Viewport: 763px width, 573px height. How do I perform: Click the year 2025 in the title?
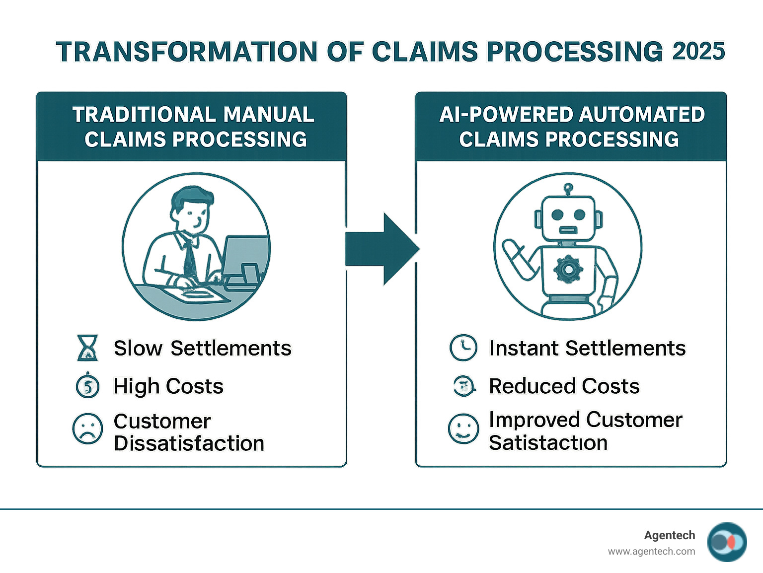[x=698, y=51]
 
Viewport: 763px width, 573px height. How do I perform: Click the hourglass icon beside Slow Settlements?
[x=88, y=348]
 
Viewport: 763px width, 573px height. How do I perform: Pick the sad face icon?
[x=87, y=429]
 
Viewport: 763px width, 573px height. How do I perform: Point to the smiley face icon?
[x=463, y=429]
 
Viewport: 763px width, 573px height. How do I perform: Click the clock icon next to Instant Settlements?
[x=463, y=347]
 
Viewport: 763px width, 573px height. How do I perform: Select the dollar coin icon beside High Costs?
[x=88, y=386]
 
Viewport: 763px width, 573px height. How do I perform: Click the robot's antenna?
[x=568, y=189]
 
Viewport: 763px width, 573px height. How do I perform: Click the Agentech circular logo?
[x=727, y=542]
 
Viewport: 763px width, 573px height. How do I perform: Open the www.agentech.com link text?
[x=651, y=551]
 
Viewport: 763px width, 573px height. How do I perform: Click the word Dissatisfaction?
[x=189, y=443]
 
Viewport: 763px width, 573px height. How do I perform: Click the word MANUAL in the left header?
[x=268, y=115]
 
